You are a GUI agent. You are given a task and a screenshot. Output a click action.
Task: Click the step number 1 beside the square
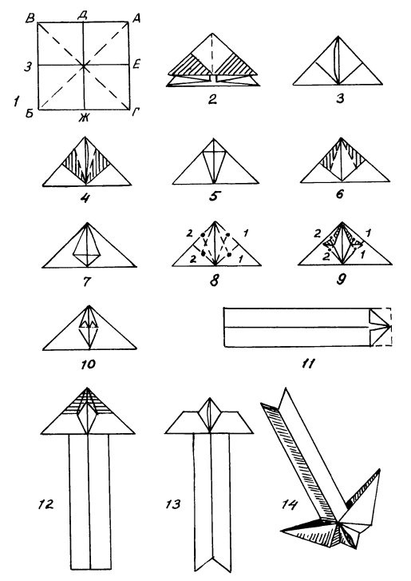(x=16, y=101)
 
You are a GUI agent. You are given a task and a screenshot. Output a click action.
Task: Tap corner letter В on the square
(x=30, y=18)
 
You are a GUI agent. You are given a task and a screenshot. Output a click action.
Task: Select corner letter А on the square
(x=136, y=18)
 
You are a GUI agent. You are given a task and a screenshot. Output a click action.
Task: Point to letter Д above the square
(x=82, y=15)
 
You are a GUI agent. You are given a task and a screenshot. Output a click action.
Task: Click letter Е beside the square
(x=136, y=66)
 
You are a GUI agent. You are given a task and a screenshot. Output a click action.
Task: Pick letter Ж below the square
(x=84, y=117)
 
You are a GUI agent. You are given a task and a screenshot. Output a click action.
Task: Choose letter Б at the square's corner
(x=30, y=113)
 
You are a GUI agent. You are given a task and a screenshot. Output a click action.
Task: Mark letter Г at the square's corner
(x=135, y=113)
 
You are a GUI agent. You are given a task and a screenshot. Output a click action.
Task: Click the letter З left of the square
(x=28, y=66)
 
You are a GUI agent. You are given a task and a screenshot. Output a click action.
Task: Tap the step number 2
(x=212, y=99)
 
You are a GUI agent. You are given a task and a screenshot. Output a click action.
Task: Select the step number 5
(x=213, y=196)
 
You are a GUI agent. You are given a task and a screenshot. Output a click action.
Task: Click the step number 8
(x=214, y=280)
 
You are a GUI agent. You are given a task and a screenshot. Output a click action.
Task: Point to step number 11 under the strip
(x=308, y=364)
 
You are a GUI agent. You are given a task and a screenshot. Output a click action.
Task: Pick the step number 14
(x=289, y=504)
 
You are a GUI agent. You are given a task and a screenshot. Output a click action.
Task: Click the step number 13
(x=173, y=504)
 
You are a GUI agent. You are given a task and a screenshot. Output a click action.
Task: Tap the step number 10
(x=88, y=364)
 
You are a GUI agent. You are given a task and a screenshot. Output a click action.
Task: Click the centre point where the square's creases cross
(x=84, y=66)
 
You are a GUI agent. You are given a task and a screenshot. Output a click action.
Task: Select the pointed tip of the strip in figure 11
(x=390, y=326)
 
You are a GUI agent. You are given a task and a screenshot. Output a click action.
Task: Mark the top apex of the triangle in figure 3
(x=338, y=36)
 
